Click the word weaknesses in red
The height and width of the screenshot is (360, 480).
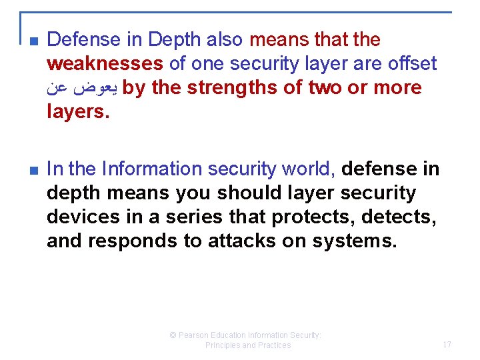(105, 64)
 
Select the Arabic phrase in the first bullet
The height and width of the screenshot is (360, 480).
(83, 88)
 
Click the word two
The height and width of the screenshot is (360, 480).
(325, 88)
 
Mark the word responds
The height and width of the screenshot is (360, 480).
(128, 241)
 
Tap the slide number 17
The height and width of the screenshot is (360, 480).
(447, 345)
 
